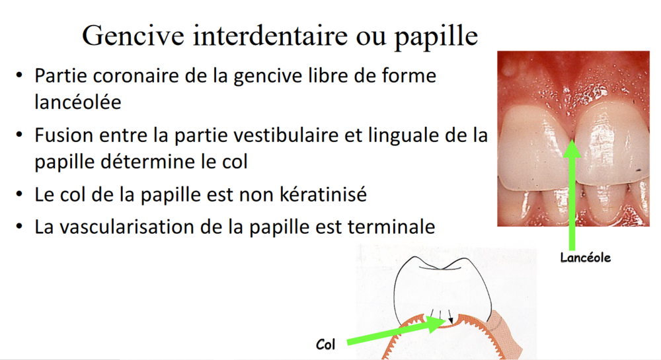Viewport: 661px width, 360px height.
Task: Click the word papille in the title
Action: [437, 36]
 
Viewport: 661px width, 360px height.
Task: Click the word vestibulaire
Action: [319, 135]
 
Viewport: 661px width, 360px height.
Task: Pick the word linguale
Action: [412, 135]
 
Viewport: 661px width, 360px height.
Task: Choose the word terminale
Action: [390, 227]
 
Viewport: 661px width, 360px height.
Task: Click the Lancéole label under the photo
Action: [585, 258]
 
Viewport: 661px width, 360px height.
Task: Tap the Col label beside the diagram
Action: [326, 344]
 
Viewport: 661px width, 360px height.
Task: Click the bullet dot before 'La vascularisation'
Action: [20, 227]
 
